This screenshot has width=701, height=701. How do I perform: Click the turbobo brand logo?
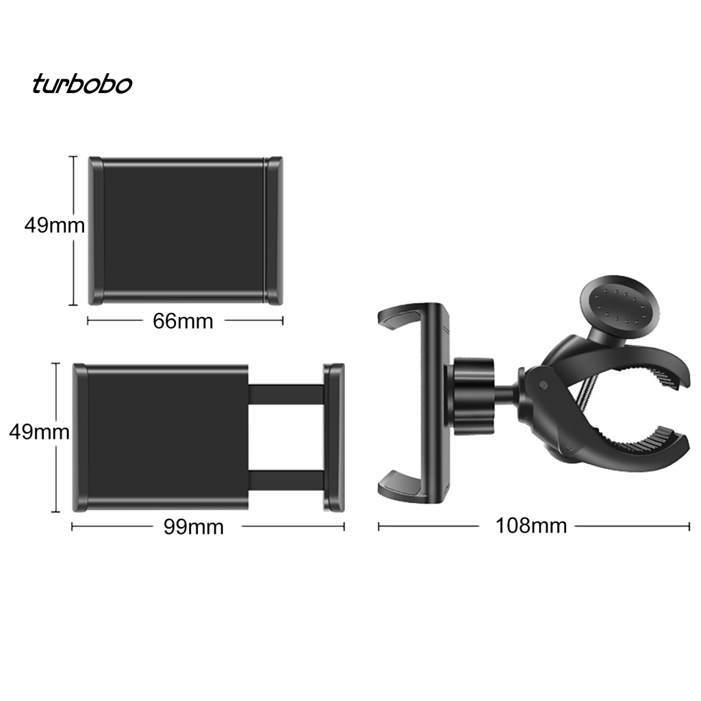coord(81,84)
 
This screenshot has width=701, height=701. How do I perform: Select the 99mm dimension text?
coord(193,526)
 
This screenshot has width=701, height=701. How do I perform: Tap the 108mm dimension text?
coord(531,526)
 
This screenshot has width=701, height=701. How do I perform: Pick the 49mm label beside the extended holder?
coord(38,432)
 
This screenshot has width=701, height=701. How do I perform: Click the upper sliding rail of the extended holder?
coord(285,394)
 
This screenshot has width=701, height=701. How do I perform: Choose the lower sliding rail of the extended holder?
coord(285,479)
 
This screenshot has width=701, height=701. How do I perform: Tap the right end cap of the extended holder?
coord(334,437)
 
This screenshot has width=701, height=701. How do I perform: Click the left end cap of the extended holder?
coord(80,437)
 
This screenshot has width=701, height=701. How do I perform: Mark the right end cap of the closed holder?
coord(274,231)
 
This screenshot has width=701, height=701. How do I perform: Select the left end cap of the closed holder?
coord(96,231)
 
